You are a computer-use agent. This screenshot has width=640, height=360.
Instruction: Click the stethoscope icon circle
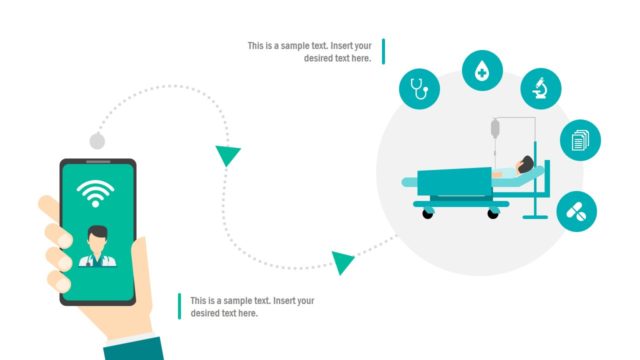click(420, 89)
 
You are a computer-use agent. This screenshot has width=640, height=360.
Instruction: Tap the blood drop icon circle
click(483, 70)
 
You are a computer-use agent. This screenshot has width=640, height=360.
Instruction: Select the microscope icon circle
click(541, 88)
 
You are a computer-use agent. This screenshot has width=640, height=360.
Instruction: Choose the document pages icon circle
click(580, 140)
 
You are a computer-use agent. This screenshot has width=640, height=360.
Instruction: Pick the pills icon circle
click(577, 210)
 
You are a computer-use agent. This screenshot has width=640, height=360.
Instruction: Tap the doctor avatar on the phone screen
click(98, 246)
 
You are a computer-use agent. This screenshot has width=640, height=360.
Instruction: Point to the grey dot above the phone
click(97, 141)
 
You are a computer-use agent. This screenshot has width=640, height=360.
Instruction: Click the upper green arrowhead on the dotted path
click(228, 155)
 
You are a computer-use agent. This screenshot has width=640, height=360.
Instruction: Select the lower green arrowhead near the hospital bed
click(343, 263)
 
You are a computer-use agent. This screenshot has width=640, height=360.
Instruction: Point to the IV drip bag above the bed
click(494, 129)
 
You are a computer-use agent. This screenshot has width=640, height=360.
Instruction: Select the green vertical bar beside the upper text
click(382, 51)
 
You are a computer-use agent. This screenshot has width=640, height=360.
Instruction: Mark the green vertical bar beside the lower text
click(179, 306)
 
